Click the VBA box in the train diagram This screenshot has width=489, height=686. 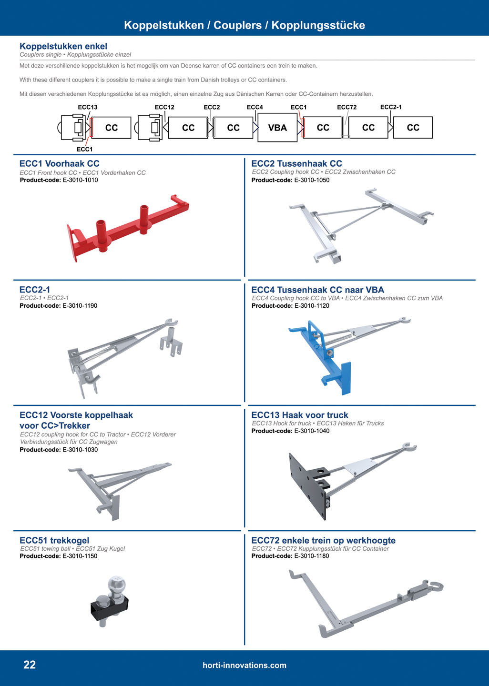(277, 128)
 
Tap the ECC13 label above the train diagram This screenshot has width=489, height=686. (88, 107)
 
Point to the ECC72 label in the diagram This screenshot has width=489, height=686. (346, 107)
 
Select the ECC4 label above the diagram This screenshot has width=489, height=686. (255, 107)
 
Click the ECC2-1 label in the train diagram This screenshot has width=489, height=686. (391, 107)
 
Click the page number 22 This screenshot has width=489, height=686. (30, 665)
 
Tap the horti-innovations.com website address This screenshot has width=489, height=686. (244, 666)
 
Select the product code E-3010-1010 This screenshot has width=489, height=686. (80, 180)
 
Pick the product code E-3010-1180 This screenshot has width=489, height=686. (312, 556)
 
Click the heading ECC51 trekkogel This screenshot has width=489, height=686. (54, 540)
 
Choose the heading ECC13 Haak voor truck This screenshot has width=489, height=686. (299, 415)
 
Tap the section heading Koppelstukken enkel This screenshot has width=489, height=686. (63, 46)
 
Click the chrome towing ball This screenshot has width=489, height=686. (117, 585)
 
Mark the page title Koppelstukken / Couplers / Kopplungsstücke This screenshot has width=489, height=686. (244, 25)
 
